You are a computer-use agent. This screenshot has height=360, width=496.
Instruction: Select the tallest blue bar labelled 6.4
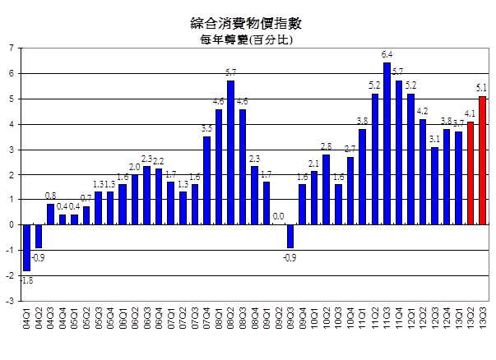tap(387, 144)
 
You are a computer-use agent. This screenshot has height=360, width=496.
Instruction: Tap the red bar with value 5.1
tap(483, 160)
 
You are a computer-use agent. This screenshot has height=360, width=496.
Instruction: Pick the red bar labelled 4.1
tap(471, 173)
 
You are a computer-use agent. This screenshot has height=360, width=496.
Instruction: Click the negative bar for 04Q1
tap(26, 247)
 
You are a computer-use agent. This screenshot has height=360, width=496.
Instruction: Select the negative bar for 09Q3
tap(290, 236)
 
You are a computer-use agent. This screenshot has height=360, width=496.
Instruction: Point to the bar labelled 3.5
tap(206, 181)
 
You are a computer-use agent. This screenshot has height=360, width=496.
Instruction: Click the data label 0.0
tap(278, 216)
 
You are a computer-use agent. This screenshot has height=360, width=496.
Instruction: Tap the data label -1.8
tap(27, 280)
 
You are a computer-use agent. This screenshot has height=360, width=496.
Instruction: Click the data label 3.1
tap(434, 139)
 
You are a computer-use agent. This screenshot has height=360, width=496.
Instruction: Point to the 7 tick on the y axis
tap(11, 48)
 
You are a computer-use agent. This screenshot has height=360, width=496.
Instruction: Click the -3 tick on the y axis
tap(10, 301)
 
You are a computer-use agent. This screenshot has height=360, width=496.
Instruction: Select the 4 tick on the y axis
tap(11, 124)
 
